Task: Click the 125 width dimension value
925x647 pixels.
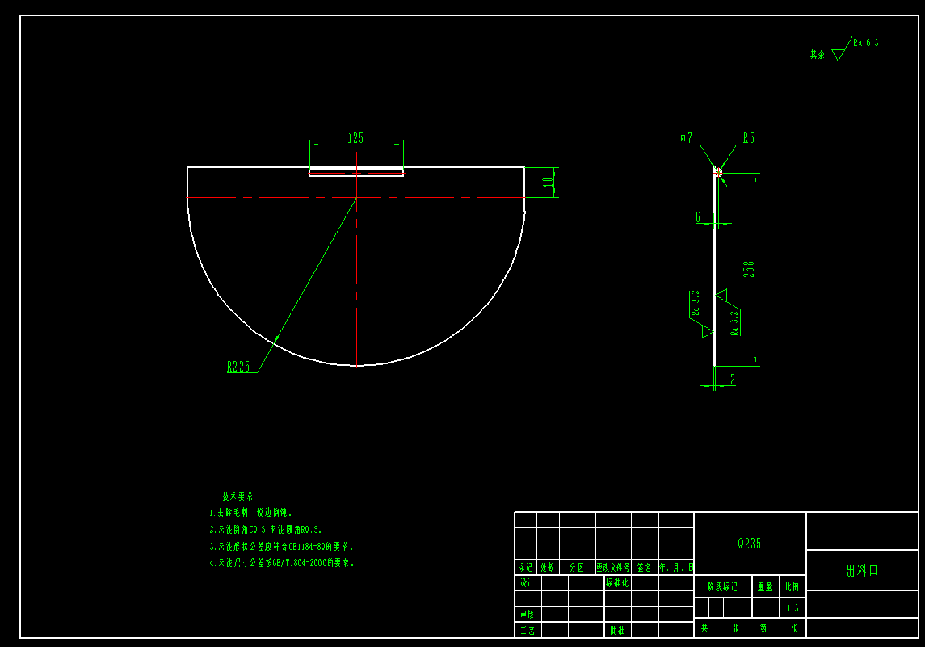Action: [355, 138]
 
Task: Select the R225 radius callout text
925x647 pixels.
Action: [238, 367]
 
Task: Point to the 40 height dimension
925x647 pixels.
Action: [549, 183]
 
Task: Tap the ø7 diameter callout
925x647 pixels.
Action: [686, 139]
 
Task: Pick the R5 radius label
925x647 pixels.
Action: [749, 139]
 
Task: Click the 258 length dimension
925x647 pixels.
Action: [749, 268]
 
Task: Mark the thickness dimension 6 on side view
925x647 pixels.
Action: [698, 216]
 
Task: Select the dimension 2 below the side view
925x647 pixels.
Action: [732, 380]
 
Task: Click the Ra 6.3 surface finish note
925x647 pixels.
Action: [865, 42]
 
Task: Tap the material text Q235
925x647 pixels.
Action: [750, 544]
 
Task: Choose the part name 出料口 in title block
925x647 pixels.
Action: [862, 570]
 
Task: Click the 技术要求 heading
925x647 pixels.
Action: [238, 496]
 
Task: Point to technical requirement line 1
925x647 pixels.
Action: [250, 513]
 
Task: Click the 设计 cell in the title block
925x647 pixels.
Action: [527, 582]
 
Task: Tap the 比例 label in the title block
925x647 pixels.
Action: [792, 587]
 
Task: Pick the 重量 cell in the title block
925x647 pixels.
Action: [764, 587]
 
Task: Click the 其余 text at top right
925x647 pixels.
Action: [818, 55]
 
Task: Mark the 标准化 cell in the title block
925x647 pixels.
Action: [617, 582]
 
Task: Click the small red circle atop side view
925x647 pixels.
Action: [716, 170]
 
